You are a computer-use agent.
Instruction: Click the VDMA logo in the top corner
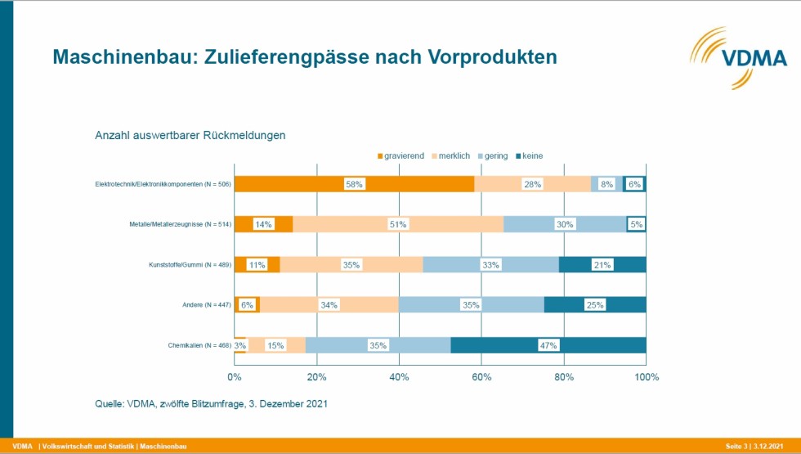(738, 58)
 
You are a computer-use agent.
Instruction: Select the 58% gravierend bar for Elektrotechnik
(354, 184)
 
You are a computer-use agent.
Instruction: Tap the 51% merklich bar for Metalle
(398, 224)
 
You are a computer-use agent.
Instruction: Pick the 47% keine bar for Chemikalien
(548, 345)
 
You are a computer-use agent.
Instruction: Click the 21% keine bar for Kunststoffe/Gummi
(602, 265)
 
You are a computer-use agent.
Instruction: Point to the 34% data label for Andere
(329, 305)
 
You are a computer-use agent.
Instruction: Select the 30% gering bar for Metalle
(565, 224)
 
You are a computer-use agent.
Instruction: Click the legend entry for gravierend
(401, 156)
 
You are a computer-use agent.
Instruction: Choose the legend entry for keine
(530, 156)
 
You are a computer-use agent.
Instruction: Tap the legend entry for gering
(493, 156)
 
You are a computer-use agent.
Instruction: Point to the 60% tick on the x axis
(481, 377)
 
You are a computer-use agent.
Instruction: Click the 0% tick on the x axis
(235, 377)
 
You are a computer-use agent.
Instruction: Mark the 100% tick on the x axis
(647, 377)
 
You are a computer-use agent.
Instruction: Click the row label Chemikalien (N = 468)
(199, 345)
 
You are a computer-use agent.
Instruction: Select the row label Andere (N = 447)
(207, 305)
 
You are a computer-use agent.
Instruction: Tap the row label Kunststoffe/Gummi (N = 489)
(190, 265)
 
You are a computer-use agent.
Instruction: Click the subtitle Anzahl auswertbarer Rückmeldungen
(190, 136)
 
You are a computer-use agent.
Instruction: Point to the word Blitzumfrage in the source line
(218, 404)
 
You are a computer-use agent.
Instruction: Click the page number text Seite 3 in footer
(736, 447)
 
